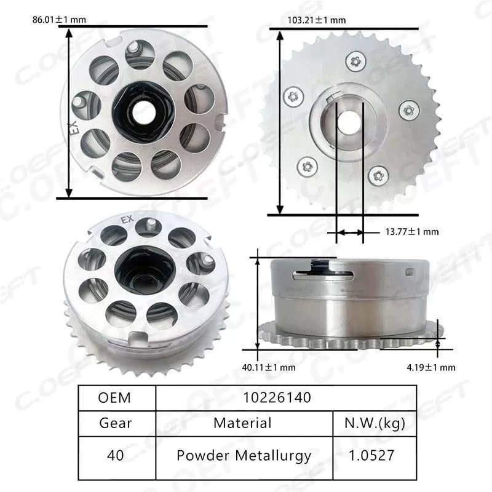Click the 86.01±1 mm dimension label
59,20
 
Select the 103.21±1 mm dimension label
316,20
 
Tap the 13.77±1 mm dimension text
411,232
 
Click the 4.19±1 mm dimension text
430,367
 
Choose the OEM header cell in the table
115,397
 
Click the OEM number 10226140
287,397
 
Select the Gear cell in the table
115,423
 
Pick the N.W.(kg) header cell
373,423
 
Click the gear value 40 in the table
115,456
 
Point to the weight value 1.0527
373,456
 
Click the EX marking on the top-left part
74,127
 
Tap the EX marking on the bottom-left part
127,220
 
